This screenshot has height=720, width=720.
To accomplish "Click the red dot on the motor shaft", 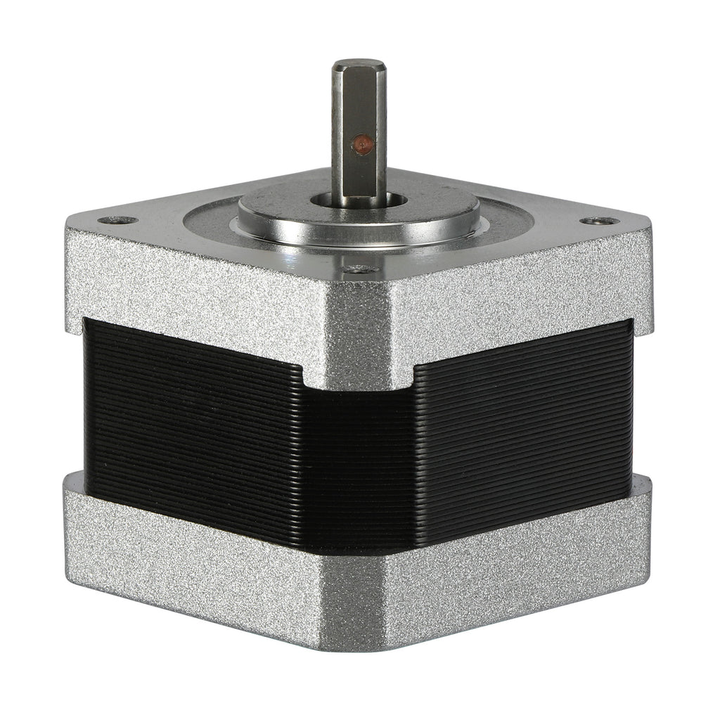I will coord(362,145).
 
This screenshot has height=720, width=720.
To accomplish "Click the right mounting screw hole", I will coord(599,221).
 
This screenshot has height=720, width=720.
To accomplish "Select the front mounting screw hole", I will coord(359,268).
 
